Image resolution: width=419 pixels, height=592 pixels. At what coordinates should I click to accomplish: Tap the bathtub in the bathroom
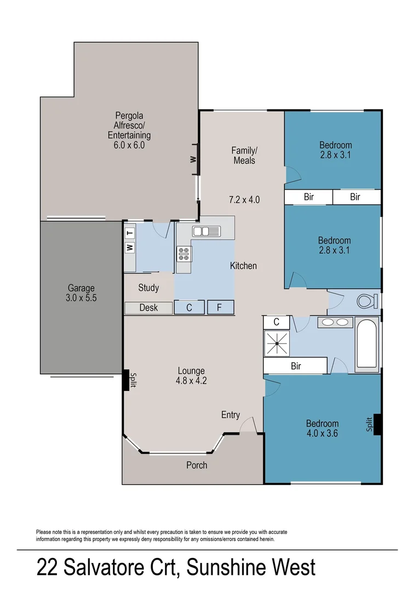pyautogui.click(x=366, y=344)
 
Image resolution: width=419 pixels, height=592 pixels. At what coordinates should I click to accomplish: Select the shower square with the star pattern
pyautogui.click(x=277, y=344)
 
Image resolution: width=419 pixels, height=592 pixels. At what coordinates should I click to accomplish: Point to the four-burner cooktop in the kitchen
pyautogui.click(x=183, y=253)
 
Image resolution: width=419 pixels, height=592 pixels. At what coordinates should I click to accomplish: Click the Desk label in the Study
pyautogui.click(x=148, y=308)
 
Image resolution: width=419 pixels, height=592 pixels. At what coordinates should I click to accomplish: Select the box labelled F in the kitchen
pyautogui.click(x=220, y=308)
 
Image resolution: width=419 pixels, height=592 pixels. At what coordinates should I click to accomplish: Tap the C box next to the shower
pyautogui.click(x=277, y=322)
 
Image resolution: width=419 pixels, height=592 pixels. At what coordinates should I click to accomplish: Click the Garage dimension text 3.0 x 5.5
pyautogui.click(x=81, y=298)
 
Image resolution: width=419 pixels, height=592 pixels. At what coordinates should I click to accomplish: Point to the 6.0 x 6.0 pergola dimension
pyautogui.click(x=125, y=145)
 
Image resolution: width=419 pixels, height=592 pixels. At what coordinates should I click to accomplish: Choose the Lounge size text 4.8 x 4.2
pyautogui.click(x=191, y=379)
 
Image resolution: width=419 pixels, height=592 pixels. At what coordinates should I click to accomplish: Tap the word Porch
pyautogui.click(x=197, y=465)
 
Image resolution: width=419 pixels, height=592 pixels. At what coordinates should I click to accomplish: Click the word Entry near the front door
pyautogui.click(x=231, y=415)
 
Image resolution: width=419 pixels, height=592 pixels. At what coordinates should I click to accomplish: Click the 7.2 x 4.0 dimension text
pyautogui.click(x=244, y=200)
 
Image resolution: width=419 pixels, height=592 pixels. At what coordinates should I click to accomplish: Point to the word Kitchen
pyautogui.click(x=243, y=266)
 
